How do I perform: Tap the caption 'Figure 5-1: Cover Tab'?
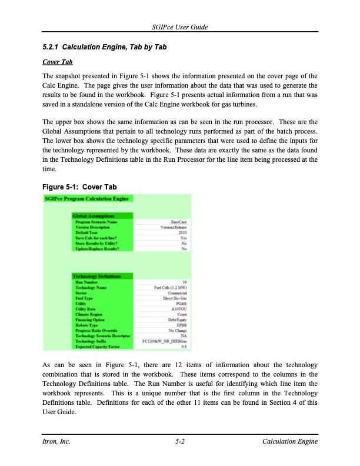[79, 187]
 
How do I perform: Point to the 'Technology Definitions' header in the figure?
[96, 275]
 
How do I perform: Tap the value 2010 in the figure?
[182, 232]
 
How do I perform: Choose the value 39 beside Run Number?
[185, 281]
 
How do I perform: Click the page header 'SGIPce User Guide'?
[180, 28]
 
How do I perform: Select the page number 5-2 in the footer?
[180, 442]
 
